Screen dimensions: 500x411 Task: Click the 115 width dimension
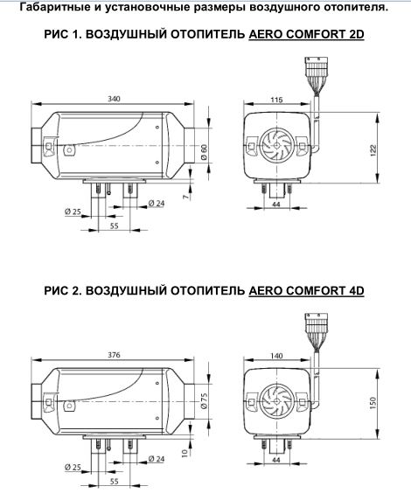coord(277,101)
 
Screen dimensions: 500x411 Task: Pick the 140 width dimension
coord(277,356)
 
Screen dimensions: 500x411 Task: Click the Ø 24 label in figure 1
coord(157,203)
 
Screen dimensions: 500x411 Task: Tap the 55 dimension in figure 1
coord(114,226)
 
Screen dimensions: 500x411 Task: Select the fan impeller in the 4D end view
coord(276,399)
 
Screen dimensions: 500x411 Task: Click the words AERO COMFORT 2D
coord(305,38)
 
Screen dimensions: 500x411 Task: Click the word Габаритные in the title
coord(54,8)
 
